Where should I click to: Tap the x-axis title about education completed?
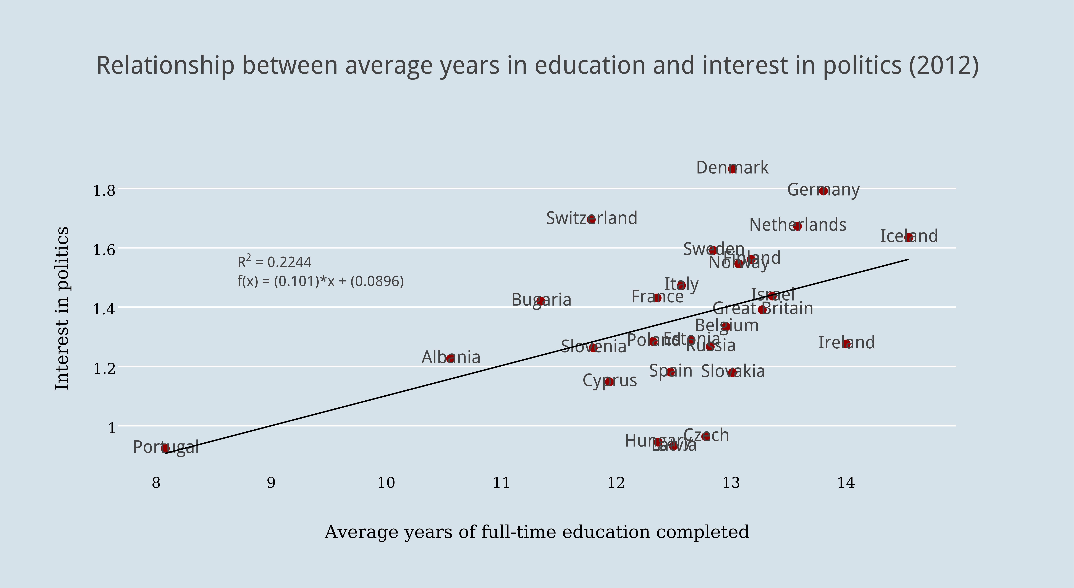click(x=537, y=532)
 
